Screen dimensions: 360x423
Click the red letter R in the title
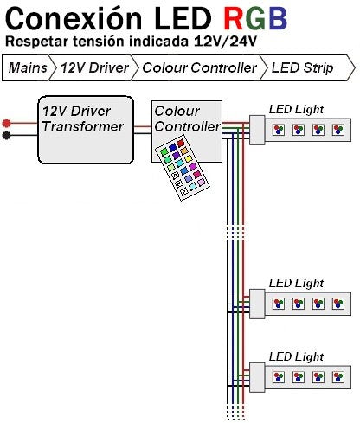(x=233, y=18)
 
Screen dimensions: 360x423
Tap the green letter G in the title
(x=254, y=18)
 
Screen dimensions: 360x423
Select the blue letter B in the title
(x=278, y=18)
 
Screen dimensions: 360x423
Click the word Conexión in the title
(x=74, y=18)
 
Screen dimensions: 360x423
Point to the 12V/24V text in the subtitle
(x=225, y=42)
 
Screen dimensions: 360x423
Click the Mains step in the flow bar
(x=28, y=68)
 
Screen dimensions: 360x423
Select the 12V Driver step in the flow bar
(x=94, y=68)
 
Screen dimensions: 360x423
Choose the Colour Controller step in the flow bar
(x=199, y=68)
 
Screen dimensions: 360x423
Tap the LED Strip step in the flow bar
(x=302, y=68)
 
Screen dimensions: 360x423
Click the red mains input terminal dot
(x=6, y=123)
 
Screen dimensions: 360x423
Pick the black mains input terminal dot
(x=6, y=135)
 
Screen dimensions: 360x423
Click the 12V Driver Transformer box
(x=86, y=130)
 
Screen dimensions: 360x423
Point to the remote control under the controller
(x=183, y=168)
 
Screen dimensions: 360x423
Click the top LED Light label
(x=296, y=109)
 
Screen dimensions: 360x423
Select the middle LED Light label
(x=296, y=283)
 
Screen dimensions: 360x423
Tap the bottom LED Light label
(x=296, y=356)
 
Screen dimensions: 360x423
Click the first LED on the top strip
(x=279, y=130)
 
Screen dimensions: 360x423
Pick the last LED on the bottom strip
(x=338, y=376)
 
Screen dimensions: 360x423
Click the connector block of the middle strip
(x=257, y=304)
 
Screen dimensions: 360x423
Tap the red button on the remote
(x=181, y=143)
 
